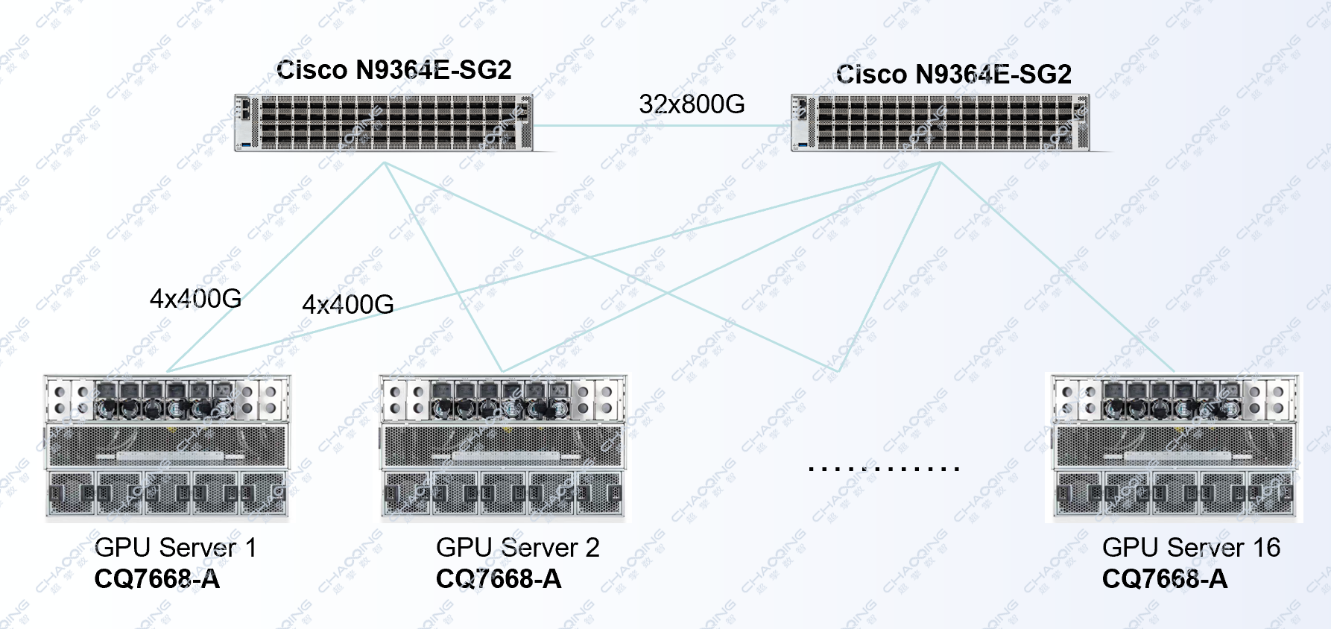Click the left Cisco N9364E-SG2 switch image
pos(384,123)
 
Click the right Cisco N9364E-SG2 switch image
pos(940,123)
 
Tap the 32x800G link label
pos(692,104)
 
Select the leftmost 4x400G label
pos(195,299)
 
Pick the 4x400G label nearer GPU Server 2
pos(348,305)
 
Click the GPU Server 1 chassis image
pos(167,446)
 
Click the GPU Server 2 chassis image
pos(503,446)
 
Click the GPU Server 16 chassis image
pos(1174,446)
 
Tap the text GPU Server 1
pos(176,548)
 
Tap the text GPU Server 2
pos(517,548)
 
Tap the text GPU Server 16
pos(1191,548)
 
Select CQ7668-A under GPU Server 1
pos(157,579)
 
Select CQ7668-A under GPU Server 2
pos(498,579)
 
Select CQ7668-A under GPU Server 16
pos(1164,579)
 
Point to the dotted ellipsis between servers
pos(884,469)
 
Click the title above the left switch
pos(393,70)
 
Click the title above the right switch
pos(954,75)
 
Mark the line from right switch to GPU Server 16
pos(1057,267)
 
